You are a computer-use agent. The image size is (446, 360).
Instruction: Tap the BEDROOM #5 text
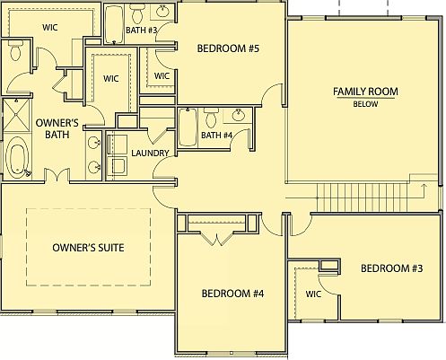pyautogui.click(x=229, y=48)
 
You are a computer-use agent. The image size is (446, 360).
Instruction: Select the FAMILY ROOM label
pyautogui.click(x=365, y=92)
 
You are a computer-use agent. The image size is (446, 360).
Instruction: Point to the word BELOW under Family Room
pyautogui.click(x=365, y=104)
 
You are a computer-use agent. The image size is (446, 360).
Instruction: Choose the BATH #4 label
pyautogui.click(x=217, y=136)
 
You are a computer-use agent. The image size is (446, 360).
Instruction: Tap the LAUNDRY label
pyautogui.click(x=150, y=153)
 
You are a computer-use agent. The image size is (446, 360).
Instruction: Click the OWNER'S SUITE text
pyautogui.click(x=88, y=247)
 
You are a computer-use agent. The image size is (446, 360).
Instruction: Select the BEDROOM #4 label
pyautogui.click(x=232, y=293)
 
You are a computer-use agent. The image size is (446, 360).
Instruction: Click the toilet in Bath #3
pyautogui.click(x=136, y=13)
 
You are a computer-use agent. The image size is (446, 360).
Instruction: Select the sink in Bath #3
pyautogui.click(x=162, y=13)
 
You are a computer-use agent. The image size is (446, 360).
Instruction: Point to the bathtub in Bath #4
pyautogui.click(x=188, y=126)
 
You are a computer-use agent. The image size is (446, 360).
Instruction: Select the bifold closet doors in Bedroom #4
pyautogui.click(x=213, y=236)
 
